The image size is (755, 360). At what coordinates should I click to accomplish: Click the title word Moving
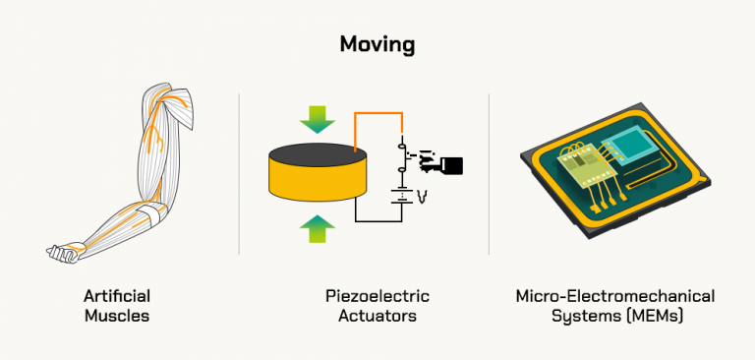click(x=377, y=44)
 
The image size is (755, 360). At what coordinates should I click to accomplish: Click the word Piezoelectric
click(x=377, y=296)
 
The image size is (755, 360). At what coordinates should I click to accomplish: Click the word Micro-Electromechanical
click(x=615, y=296)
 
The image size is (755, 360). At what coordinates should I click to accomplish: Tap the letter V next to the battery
click(x=422, y=197)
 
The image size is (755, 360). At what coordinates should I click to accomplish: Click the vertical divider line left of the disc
click(x=240, y=177)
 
